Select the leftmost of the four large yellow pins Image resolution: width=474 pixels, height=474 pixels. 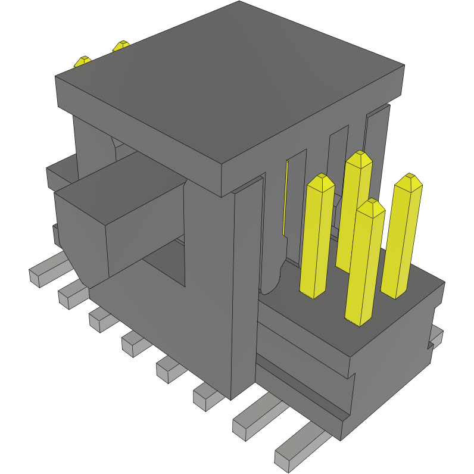pyautogui.click(x=317, y=238)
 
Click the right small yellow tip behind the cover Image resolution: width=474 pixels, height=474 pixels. pyautogui.click(x=121, y=45)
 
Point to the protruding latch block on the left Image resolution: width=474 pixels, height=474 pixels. pyautogui.click(x=119, y=220)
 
